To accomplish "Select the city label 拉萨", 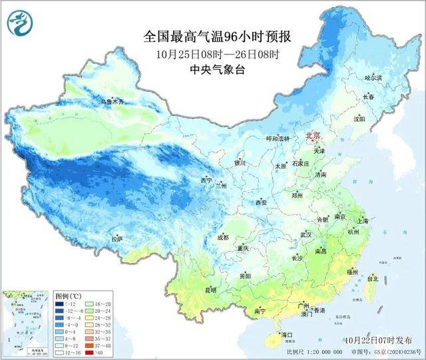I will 117,238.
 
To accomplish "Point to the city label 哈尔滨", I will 374,78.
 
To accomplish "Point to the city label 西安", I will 260,202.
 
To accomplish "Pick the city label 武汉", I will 306,235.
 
